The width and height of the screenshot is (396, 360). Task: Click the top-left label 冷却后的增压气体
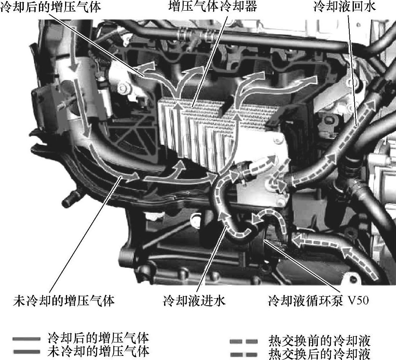pos(50,7)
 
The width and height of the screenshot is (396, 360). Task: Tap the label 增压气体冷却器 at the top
pos(213,6)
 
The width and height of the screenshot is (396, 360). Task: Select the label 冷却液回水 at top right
pos(344,6)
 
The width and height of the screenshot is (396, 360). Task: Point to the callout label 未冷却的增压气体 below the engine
pos(64,300)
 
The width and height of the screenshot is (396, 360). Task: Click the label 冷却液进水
pos(194,300)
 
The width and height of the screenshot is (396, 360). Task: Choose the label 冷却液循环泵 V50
pos(318,300)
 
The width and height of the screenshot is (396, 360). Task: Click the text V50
pos(358,300)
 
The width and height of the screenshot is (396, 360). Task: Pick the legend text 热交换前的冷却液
pos(319,341)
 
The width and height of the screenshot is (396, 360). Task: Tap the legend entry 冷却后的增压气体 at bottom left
pos(99,338)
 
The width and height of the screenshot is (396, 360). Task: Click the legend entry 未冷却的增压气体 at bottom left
pos(99,351)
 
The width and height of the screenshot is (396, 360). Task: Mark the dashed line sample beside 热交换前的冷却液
pos(243,342)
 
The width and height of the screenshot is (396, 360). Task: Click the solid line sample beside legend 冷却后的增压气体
pos(27,339)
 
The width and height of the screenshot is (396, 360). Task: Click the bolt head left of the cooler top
pos(123,88)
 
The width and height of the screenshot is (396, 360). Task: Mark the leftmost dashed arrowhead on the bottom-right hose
pos(298,240)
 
